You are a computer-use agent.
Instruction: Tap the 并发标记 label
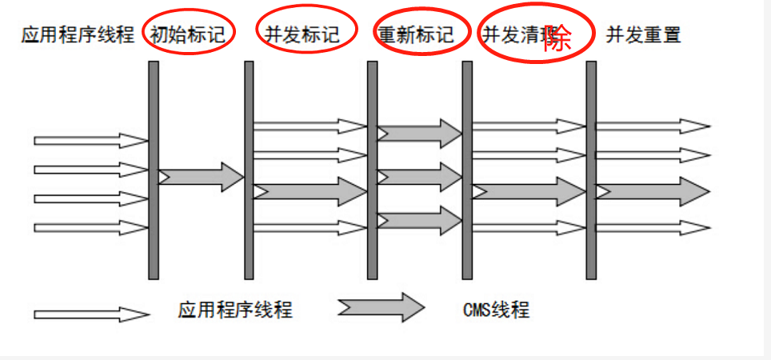(x=301, y=34)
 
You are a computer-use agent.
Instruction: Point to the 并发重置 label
(x=643, y=34)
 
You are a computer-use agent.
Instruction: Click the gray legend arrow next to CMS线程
(x=381, y=307)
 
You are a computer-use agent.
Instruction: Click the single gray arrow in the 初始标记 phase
(x=201, y=177)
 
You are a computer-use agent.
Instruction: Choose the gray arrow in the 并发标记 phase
(x=310, y=190)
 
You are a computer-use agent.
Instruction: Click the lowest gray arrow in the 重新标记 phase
(x=420, y=220)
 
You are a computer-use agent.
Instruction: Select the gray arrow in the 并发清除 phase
(x=529, y=192)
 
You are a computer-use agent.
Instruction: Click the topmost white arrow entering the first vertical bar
(x=90, y=141)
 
